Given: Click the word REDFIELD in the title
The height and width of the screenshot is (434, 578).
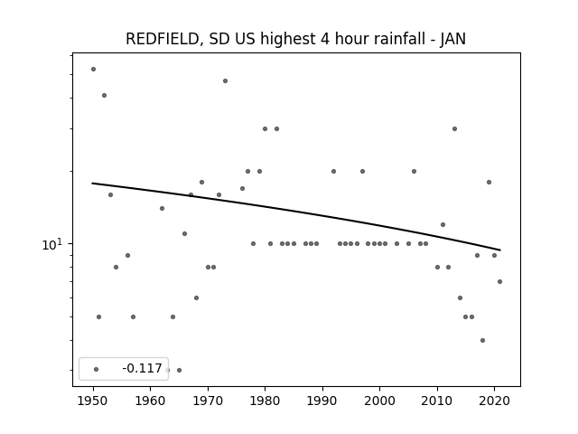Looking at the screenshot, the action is pyautogui.click(x=163, y=39).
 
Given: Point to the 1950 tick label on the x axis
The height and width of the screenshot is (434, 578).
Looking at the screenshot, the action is pyautogui.click(x=93, y=401).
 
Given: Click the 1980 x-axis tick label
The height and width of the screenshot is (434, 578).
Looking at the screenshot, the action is pyautogui.click(x=265, y=401).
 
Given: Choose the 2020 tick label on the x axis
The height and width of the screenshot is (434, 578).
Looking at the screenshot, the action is pyautogui.click(x=494, y=401).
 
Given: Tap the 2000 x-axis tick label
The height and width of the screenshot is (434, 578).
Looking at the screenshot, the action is pyautogui.click(x=379, y=401).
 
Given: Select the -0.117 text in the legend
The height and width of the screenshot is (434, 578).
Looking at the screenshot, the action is pyautogui.click(x=142, y=368).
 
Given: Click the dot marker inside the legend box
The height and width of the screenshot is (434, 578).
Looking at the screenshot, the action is pyautogui.click(x=97, y=369).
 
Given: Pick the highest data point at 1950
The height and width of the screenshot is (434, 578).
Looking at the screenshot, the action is pyautogui.click(x=93, y=69).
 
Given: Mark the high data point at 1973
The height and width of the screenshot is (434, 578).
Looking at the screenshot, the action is pyautogui.click(x=225, y=80).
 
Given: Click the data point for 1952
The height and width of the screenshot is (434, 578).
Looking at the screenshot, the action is pyautogui.click(x=105, y=95).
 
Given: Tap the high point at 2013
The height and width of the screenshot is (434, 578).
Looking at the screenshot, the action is pyautogui.click(x=454, y=128).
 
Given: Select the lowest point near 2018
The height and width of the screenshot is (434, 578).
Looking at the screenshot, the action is pyautogui.click(x=482, y=340).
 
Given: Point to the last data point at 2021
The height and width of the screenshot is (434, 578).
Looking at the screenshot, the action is pyautogui.click(x=499, y=281).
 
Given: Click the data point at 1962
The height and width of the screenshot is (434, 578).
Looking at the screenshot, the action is pyautogui.click(x=162, y=209).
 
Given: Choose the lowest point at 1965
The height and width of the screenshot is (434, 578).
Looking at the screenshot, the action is pyautogui.click(x=179, y=370).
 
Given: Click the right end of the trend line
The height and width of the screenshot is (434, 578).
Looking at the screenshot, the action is pyautogui.click(x=500, y=250).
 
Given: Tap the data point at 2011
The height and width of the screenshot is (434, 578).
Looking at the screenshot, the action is pyautogui.click(x=443, y=225).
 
